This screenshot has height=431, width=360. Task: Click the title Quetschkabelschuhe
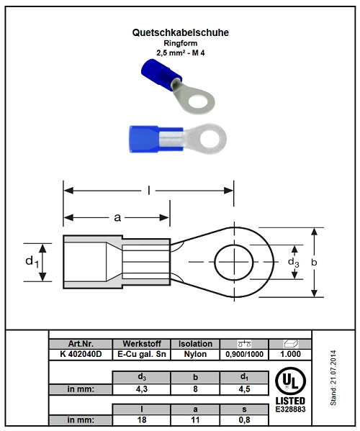[x=181, y=32]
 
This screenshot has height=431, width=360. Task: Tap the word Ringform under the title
[x=181, y=43]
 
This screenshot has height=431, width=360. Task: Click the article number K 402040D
[x=81, y=354]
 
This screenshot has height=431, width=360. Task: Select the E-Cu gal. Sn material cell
[x=142, y=354]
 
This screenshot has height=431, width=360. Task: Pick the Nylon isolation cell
[x=195, y=354]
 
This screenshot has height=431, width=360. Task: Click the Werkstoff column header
[x=142, y=344]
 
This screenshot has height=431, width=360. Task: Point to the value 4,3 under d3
[x=142, y=389]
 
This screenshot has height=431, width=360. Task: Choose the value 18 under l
[x=142, y=420]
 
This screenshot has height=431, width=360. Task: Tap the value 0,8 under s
[x=244, y=420]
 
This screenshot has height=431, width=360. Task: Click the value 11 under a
[x=195, y=420]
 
